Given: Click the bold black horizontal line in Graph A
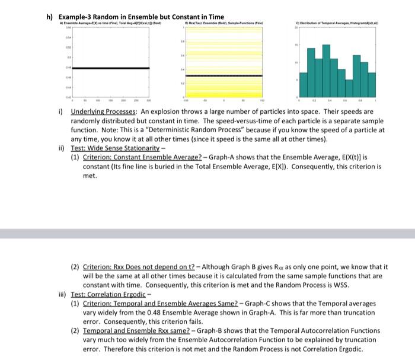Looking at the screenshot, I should coord(110,68).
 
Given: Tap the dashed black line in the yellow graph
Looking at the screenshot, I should coord(223,76).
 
